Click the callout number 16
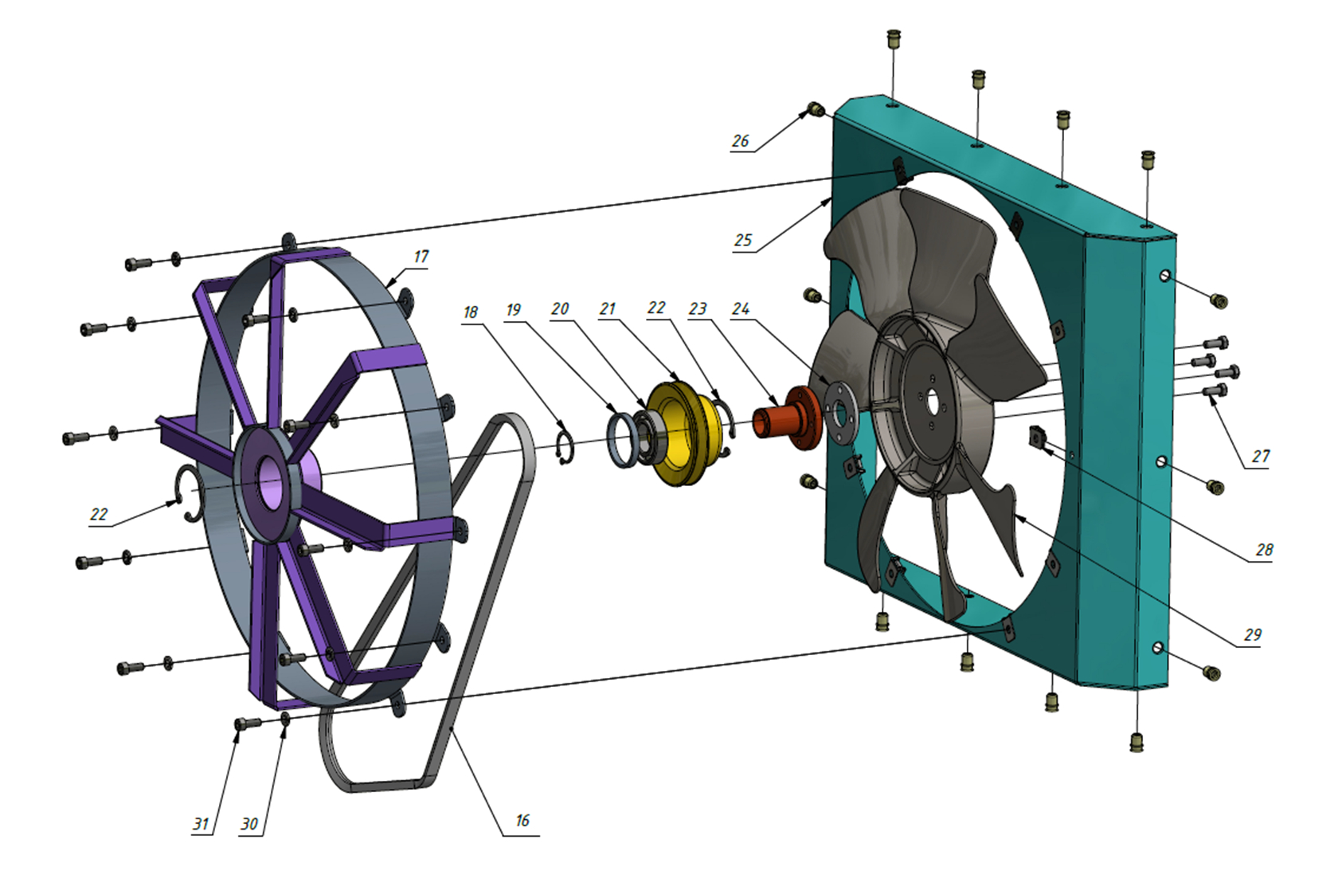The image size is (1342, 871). coord(522,820)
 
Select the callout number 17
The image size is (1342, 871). coord(421,257)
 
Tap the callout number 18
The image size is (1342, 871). coord(471,312)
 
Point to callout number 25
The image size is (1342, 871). coord(743,241)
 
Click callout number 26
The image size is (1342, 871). coord(741,141)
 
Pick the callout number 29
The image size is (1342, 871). coord(1253,635)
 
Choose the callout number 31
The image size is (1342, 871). coord(201,824)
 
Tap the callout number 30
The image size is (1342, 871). coord(249,824)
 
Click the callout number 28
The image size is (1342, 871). coord(1264,550)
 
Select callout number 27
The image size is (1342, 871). coord(1261,456)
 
